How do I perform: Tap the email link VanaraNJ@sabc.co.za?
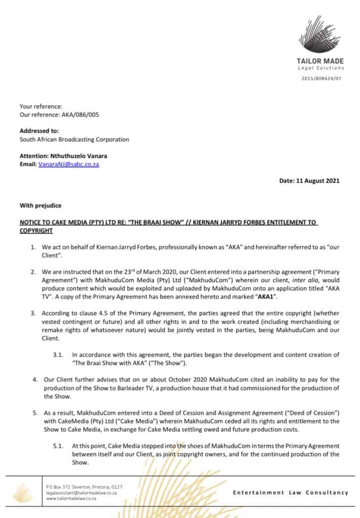pyautogui.click(x=68, y=164)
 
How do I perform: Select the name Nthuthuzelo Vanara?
pyautogui.click(x=80, y=156)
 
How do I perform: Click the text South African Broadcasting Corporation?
pyautogui.click(x=74, y=139)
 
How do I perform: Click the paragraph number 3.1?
pyautogui.click(x=58, y=355)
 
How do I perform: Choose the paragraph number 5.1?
pyautogui.click(x=58, y=446)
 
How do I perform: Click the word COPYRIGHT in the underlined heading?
pyautogui.click(x=36, y=230)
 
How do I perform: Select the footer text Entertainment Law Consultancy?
pyautogui.click(x=291, y=492)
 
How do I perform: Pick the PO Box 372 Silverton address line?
pyautogui.click(x=84, y=487)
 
